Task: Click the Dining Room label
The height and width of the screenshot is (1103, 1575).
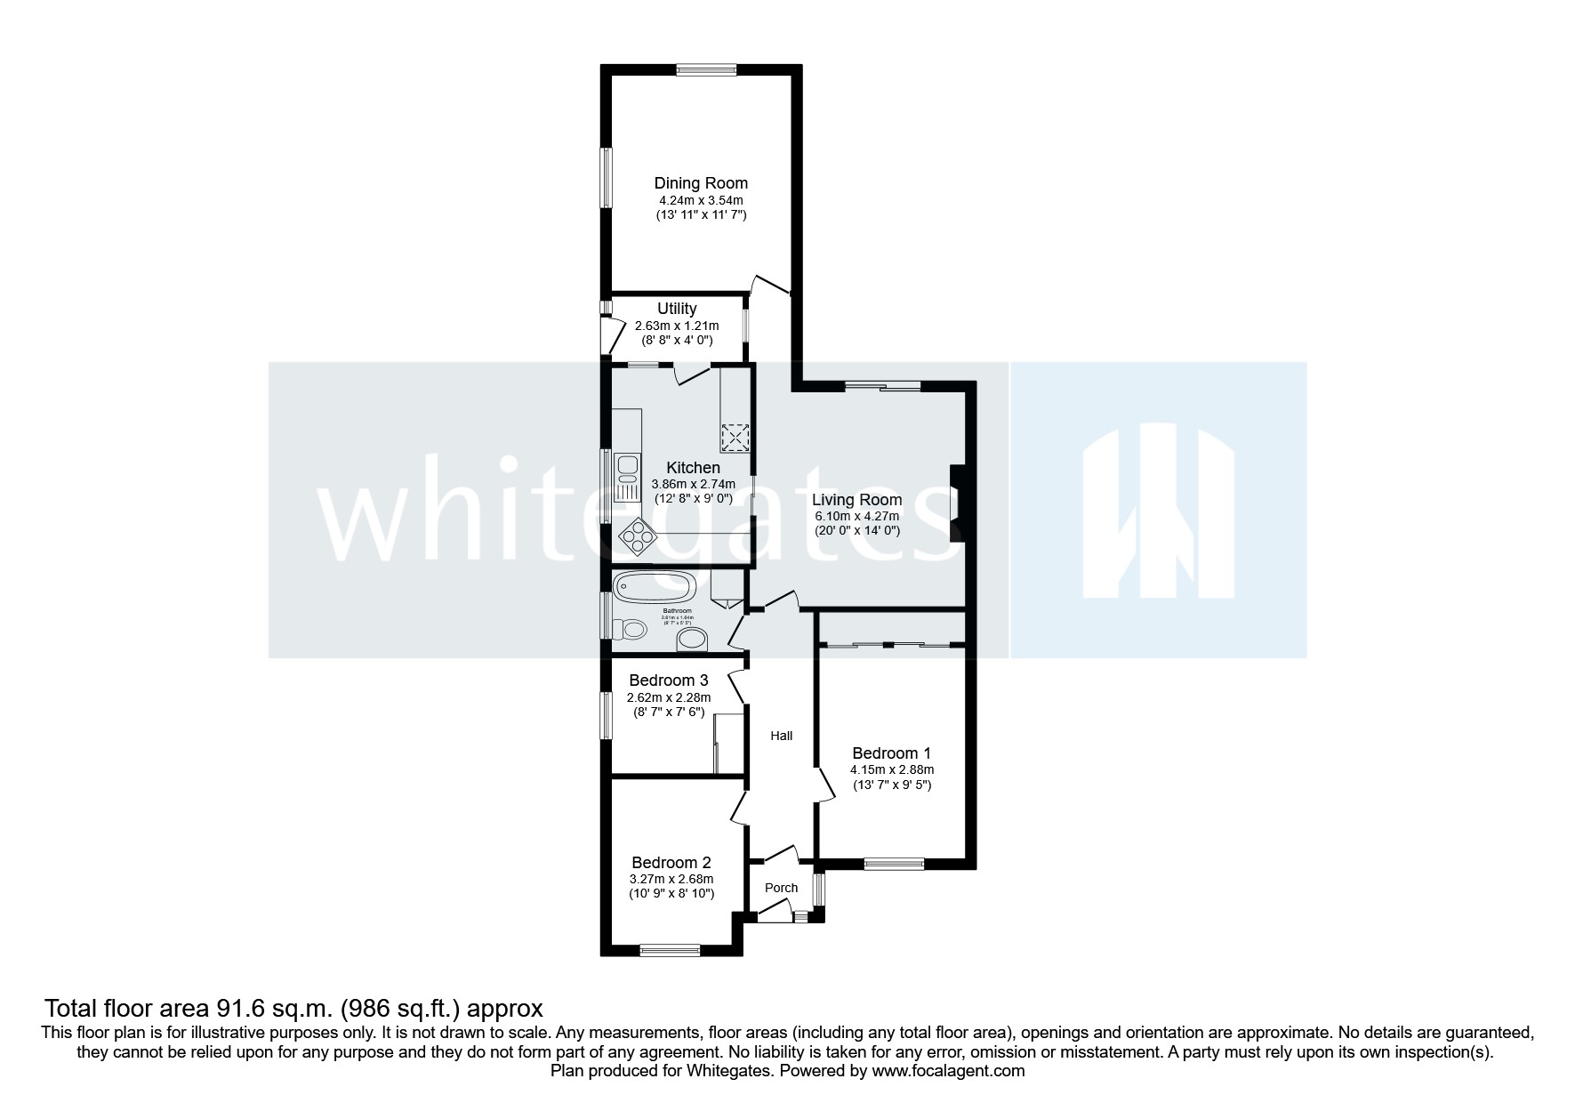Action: [701, 183]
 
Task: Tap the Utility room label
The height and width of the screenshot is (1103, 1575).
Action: [677, 309]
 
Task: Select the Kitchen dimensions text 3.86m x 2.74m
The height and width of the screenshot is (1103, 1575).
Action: [693, 484]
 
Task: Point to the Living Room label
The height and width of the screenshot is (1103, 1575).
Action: [856, 500]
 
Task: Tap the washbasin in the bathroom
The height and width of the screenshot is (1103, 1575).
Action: [691, 639]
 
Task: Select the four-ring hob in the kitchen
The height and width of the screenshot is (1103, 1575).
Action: [638, 535]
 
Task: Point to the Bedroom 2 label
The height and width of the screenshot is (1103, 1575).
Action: [671, 863]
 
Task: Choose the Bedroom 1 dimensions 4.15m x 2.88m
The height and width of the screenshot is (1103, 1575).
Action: [892, 770]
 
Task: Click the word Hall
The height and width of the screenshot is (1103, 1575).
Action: [782, 736]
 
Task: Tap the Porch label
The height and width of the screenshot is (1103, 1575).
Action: [782, 888]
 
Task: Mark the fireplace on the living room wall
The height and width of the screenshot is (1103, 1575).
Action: [956, 503]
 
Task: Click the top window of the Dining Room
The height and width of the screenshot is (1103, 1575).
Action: [705, 69]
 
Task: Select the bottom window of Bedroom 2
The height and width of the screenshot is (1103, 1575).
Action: [671, 951]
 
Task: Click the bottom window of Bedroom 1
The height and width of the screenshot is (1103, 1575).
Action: [894, 862]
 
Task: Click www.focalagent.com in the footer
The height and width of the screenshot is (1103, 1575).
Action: [948, 1072]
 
